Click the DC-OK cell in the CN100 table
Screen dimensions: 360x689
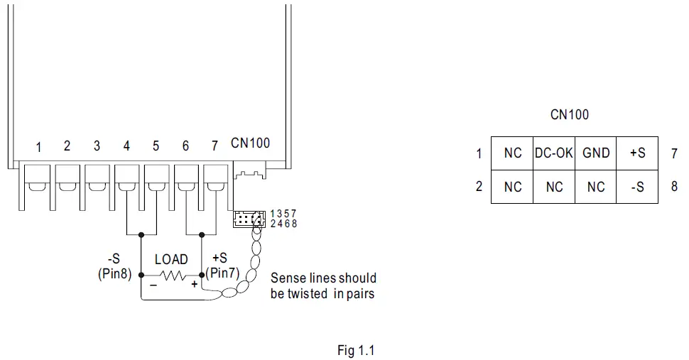pyautogui.click(x=554, y=153)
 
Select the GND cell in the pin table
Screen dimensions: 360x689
pyautogui.click(x=596, y=153)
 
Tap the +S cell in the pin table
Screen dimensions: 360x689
pyautogui.click(x=637, y=153)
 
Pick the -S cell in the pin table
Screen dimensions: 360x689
pyautogui.click(x=637, y=186)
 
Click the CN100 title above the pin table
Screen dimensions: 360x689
pyautogui.click(x=570, y=114)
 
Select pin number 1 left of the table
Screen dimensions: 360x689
pyautogui.click(x=479, y=153)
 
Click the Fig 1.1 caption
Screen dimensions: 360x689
pyautogui.click(x=355, y=350)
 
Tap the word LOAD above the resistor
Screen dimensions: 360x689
pyautogui.click(x=171, y=260)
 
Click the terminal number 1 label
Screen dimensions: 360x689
pyautogui.click(x=38, y=147)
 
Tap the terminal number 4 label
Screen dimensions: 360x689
pyautogui.click(x=126, y=146)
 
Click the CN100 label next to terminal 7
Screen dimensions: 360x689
pyautogui.click(x=250, y=143)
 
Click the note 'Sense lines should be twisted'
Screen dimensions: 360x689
pyautogui.click(x=323, y=285)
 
